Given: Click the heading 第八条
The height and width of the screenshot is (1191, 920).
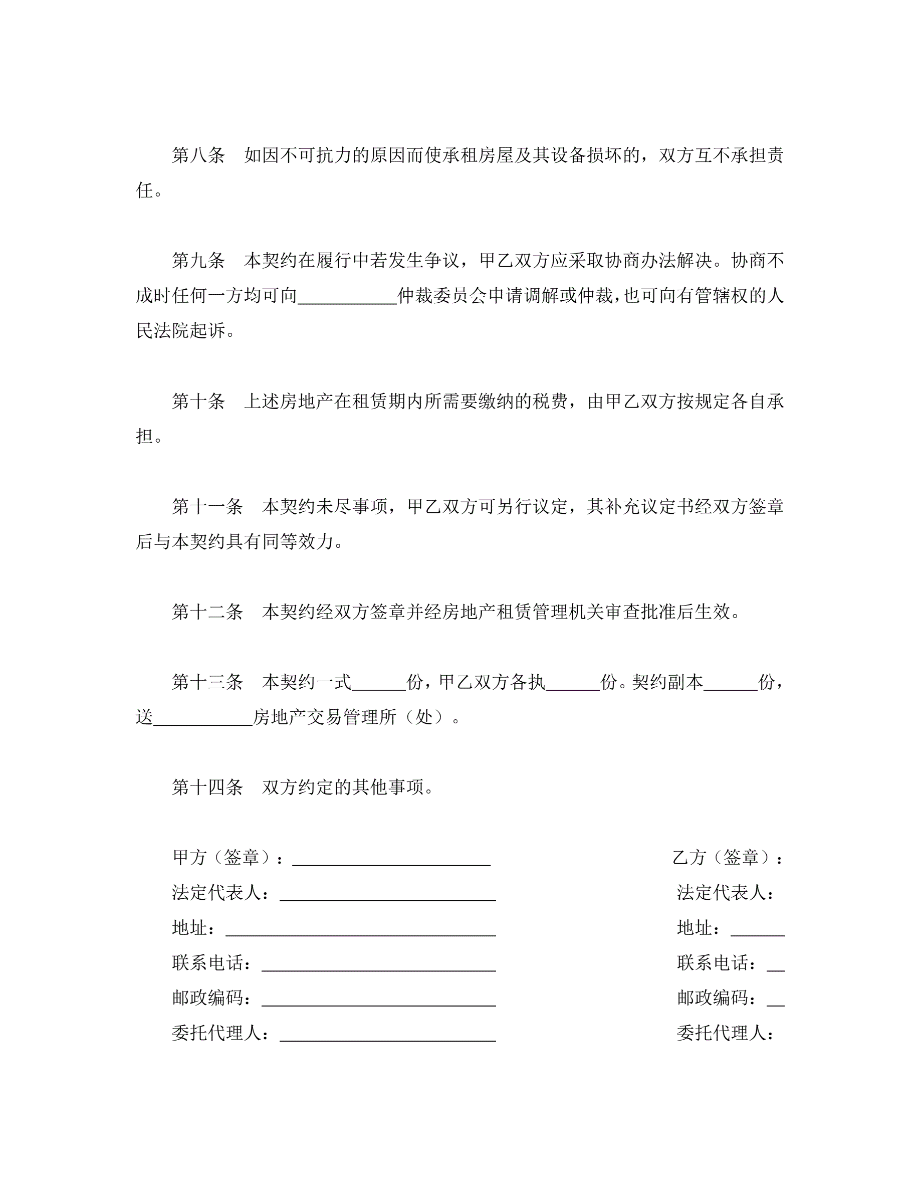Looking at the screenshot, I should (198, 156).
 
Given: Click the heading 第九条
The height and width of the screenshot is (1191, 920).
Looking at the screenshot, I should (198, 261).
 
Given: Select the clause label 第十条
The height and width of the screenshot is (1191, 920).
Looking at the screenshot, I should (198, 402).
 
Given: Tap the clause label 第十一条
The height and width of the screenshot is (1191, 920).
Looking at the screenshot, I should (207, 507).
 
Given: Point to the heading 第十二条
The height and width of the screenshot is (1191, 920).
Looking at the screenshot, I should (207, 612).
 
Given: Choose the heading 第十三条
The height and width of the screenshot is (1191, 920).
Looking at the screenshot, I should (207, 682).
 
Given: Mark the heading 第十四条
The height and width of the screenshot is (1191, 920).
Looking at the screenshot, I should (207, 787).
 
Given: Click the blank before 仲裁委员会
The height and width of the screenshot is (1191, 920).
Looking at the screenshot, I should (347, 297).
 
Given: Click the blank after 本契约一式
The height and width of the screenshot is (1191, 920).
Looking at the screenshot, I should (379, 684).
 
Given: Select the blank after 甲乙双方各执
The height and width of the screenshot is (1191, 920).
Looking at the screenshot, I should (572, 684).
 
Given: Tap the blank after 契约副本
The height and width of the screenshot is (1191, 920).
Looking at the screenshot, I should (730, 684).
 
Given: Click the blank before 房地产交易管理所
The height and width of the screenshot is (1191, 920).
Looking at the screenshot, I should (203, 719).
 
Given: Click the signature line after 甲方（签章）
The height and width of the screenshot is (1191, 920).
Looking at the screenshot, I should (391, 858).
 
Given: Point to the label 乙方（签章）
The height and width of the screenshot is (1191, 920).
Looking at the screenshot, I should (728, 858).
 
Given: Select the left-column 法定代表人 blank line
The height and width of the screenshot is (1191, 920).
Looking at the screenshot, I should (387, 893).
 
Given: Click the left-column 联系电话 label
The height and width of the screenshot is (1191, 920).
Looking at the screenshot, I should (211, 963).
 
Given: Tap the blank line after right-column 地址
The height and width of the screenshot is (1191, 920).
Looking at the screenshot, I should (757, 929).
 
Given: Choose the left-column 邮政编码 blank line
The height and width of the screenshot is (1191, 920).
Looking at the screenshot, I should (378, 999).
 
